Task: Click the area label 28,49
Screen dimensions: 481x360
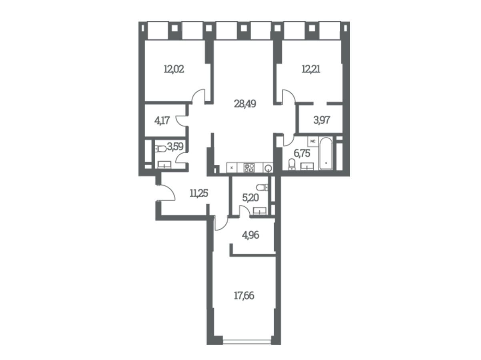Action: (245, 104)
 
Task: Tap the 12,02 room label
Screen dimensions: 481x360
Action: (174, 69)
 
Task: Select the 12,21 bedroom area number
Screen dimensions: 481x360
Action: (311, 69)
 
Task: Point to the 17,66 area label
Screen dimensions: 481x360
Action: (244, 296)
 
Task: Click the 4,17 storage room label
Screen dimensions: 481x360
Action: (162, 120)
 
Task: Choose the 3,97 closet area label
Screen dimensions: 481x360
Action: (321, 120)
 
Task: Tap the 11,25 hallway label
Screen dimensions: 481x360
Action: (198, 193)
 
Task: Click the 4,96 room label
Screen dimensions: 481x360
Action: (251, 235)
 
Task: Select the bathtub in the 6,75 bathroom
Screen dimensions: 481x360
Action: (326, 153)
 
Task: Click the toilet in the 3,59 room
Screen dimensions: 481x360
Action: (160, 149)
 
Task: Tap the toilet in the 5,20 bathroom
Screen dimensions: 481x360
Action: (262, 188)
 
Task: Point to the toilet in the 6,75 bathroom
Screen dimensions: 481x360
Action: (292, 164)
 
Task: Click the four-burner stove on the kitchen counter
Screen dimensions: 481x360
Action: (249, 168)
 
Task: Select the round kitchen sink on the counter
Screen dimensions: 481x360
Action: (268, 168)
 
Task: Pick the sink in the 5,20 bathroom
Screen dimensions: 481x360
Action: (260, 211)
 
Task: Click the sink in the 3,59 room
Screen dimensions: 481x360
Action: (164, 165)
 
